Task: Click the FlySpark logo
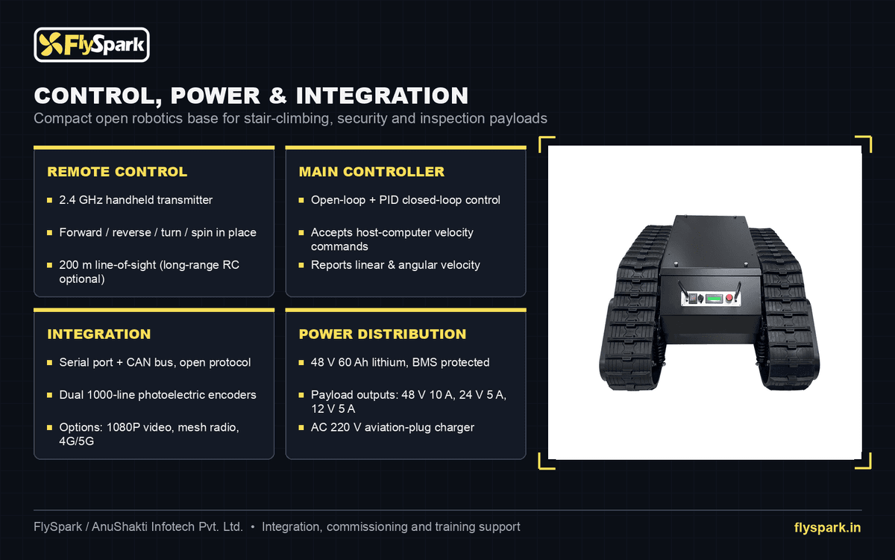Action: pyautogui.click(x=92, y=44)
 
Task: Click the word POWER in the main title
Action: pyautogui.click(x=216, y=96)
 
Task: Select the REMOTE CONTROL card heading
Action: pyautogui.click(x=117, y=172)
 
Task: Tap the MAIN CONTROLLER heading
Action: pyautogui.click(x=371, y=172)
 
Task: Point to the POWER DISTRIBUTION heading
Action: pyautogui.click(x=383, y=334)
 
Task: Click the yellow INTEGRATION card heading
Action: pyautogui.click(x=99, y=334)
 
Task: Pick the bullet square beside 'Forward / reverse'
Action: pyautogui.click(x=49, y=232)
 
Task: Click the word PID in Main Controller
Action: pyautogui.click(x=389, y=199)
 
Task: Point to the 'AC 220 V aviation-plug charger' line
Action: pyautogui.click(x=392, y=427)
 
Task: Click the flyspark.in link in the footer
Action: pyautogui.click(x=827, y=528)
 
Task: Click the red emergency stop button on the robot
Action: pyautogui.click(x=729, y=298)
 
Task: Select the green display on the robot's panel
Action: pyautogui.click(x=714, y=299)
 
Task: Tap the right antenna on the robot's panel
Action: pyautogui.click(x=737, y=291)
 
